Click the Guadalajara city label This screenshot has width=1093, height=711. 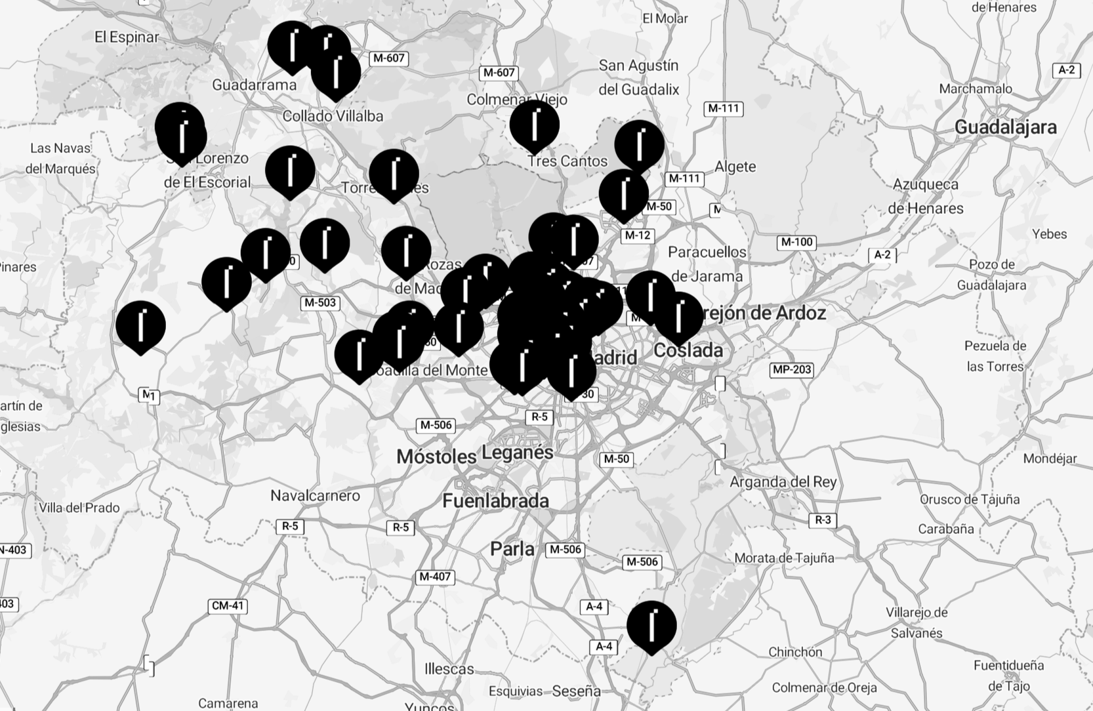[1005, 127]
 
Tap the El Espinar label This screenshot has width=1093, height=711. [127, 37]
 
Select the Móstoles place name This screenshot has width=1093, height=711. [436, 457]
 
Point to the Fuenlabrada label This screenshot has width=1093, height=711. [495, 501]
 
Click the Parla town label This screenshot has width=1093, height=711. [512, 549]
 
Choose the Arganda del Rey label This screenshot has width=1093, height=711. [783, 482]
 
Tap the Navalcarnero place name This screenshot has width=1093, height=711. [315, 496]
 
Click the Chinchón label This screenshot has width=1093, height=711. [795, 652]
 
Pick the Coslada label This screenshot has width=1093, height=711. [688, 350]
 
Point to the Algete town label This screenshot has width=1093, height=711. [735, 167]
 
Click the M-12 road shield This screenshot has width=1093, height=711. [637, 235]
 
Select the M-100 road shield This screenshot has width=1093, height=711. [796, 242]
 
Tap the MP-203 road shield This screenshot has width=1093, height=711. [792, 369]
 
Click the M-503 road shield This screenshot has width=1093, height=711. [320, 303]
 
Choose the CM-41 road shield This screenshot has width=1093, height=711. [228, 605]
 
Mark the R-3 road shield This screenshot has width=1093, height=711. [823, 520]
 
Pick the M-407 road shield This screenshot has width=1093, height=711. [434, 577]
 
